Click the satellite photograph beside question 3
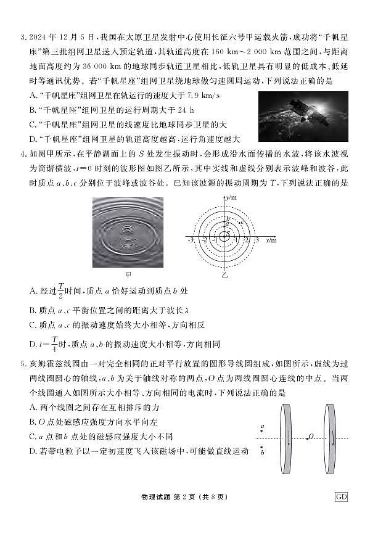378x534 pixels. point(305,117)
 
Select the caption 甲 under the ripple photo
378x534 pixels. point(128,274)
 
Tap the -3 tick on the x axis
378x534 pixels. point(191,240)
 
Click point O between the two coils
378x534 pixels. point(311,437)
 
